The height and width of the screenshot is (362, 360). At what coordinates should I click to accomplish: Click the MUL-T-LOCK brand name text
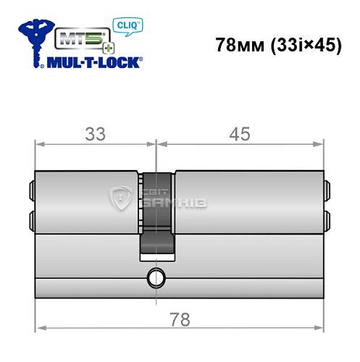point(93,62)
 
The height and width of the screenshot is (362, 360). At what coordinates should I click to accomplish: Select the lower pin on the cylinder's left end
point(32,218)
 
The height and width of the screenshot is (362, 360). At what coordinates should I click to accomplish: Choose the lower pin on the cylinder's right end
point(327,218)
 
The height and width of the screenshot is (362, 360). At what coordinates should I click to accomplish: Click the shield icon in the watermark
point(120,197)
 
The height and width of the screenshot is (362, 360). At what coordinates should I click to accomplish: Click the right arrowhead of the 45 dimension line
point(319,144)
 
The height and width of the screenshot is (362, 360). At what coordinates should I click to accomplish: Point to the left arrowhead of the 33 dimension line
point(40,144)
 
